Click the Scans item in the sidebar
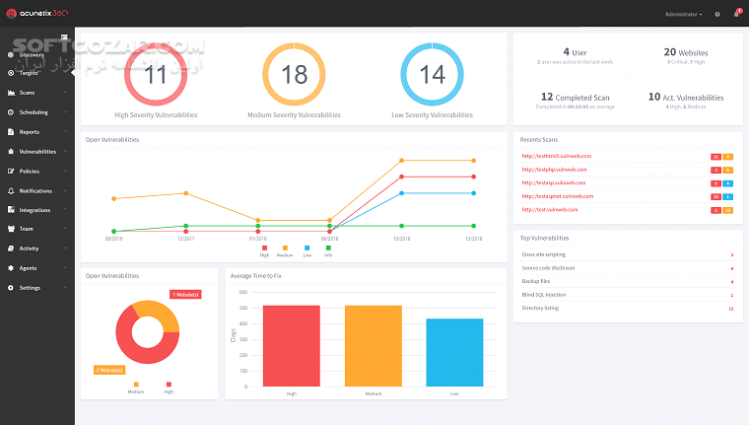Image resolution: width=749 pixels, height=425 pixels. coord(28,93)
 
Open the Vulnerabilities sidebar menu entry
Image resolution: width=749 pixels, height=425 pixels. coord(37,152)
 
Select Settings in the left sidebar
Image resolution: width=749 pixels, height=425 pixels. coord(30,288)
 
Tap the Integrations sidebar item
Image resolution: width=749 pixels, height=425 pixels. coord(34,210)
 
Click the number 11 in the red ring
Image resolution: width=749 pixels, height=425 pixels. coord(156,76)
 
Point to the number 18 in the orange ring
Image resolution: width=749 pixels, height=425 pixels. coord(294,76)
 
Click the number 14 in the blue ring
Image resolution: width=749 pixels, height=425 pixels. coord(432,76)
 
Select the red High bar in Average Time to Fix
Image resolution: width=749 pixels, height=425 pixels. coord(292,345)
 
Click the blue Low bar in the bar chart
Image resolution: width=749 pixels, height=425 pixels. coord(455,352)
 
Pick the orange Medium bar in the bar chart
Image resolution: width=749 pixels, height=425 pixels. coord(374,345)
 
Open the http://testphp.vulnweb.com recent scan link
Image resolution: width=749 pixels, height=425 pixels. coord(554,170)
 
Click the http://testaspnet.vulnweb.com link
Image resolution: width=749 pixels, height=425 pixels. coord(557,196)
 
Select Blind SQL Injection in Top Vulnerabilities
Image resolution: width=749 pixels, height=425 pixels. coord(543,295)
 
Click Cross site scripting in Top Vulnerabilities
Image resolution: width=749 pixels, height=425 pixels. coord(543,254)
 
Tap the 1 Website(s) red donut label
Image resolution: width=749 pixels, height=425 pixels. coord(186,295)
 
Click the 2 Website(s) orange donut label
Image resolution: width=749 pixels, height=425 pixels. coord(109,370)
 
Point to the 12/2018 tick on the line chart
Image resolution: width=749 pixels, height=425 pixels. coord(474,239)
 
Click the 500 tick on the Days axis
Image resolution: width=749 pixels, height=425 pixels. coord(243,307)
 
